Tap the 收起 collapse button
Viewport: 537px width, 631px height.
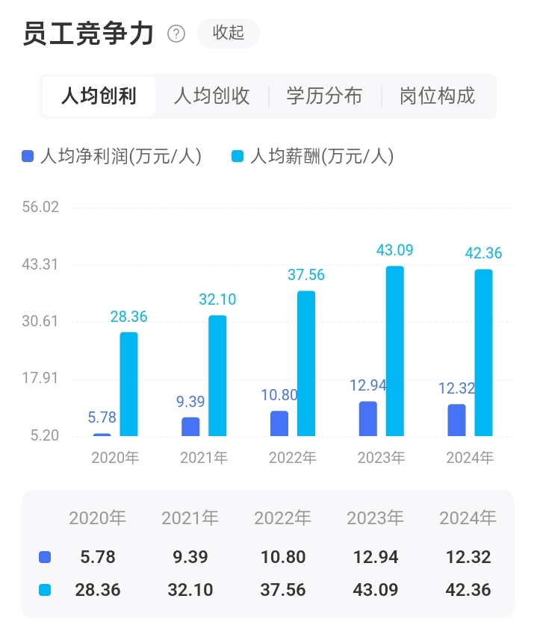pos(229,34)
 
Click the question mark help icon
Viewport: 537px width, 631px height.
pos(176,34)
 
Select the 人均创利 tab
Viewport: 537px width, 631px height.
pos(99,96)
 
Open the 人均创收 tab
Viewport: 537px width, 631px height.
pos(211,96)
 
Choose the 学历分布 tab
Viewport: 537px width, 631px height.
pos(324,96)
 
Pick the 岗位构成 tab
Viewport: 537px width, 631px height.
pos(437,96)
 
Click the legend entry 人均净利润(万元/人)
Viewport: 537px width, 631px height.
pos(112,156)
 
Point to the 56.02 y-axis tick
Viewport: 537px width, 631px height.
pos(41,207)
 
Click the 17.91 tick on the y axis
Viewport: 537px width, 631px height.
pos(41,379)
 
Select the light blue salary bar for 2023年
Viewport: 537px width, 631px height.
pos(395,351)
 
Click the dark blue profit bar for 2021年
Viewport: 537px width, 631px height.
pos(190,426)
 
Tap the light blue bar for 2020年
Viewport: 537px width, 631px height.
pos(129,384)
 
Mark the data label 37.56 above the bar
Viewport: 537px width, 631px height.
pos(306,275)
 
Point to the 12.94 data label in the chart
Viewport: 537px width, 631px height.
pos(368,386)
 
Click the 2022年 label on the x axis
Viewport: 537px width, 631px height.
pos(293,458)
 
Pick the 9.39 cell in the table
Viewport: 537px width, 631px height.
pos(190,557)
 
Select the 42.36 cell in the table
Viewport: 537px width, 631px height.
pos(468,590)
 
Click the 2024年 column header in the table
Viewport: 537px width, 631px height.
pos(468,517)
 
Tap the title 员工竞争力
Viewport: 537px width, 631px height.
pos(88,34)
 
